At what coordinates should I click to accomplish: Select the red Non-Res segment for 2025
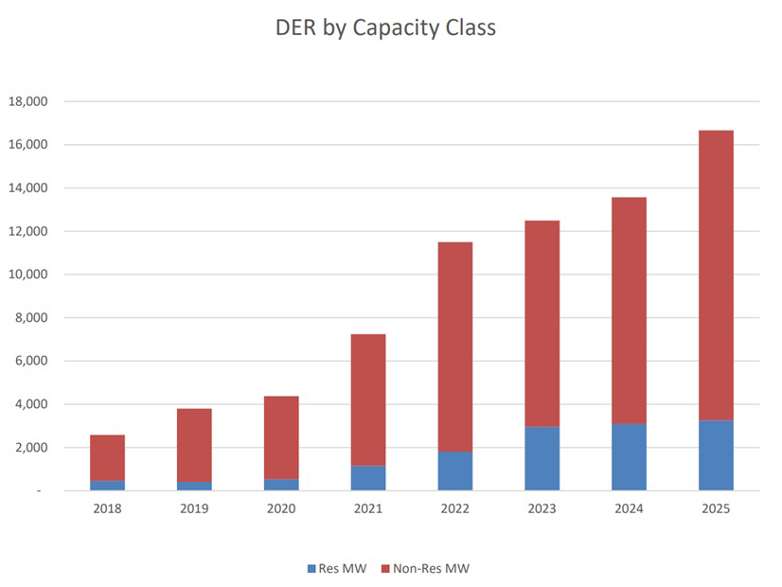point(717,275)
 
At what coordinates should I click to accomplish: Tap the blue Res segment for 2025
point(717,455)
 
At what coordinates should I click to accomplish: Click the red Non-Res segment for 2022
point(455,347)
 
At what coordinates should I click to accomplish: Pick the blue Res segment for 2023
point(542,458)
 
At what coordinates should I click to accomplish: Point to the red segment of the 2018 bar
point(107,457)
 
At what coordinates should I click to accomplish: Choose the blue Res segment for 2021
point(368,478)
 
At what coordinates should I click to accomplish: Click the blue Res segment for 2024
point(630,457)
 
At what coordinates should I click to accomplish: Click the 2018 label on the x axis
point(107,509)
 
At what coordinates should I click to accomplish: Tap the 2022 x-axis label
point(455,509)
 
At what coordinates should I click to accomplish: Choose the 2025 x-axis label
point(717,509)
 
